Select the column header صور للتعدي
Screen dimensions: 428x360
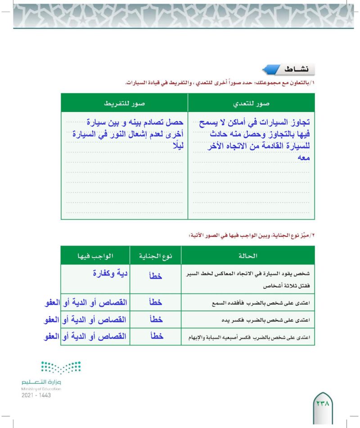point(251,103)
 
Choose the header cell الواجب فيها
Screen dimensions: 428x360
point(95,255)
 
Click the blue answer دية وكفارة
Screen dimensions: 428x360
point(107,272)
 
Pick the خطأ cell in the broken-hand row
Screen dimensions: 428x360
point(156,320)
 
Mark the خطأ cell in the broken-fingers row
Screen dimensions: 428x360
point(156,336)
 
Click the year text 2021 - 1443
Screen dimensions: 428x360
point(36,395)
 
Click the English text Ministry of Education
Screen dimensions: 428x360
point(41,388)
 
